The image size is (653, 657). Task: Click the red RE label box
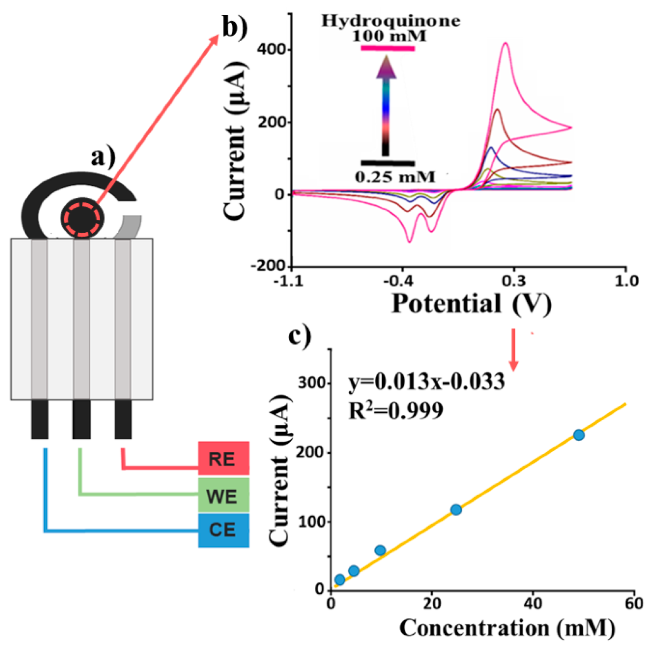tap(223, 458)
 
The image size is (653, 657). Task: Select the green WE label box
tap(223, 495)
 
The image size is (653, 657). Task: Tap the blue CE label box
tap(223, 530)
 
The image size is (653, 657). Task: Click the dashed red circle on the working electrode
tap(82, 219)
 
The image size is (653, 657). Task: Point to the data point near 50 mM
tap(578, 435)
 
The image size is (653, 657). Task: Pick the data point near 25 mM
tap(456, 509)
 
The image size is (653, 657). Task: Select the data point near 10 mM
tap(380, 550)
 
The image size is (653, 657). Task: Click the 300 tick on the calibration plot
tap(312, 383)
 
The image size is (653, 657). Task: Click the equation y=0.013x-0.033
tap(426, 382)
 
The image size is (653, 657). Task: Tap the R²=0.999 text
tap(396, 411)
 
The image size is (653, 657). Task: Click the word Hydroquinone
tap(391, 21)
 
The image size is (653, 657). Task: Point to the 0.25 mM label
tap(394, 177)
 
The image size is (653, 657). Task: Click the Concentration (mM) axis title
tap(507, 628)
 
